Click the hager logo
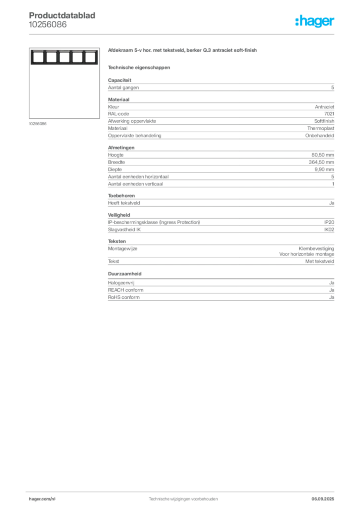(315, 21)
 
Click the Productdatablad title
(62, 15)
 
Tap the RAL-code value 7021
(329, 114)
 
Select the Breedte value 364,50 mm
(321, 163)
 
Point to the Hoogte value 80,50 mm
(323, 155)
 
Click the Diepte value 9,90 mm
(324, 170)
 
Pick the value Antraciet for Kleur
(324, 107)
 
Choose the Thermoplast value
(321, 129)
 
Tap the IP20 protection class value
(329, 222)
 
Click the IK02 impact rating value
(329, 230)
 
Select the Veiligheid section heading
(119, 215)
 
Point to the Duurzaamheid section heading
(125, 274)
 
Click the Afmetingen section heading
(121, 148)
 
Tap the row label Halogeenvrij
(121, 283)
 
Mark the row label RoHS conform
(124, 297)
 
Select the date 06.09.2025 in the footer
(323, 499)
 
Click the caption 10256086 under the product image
(38, 124)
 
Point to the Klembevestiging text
(316, 249)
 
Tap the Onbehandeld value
(319, 136)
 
